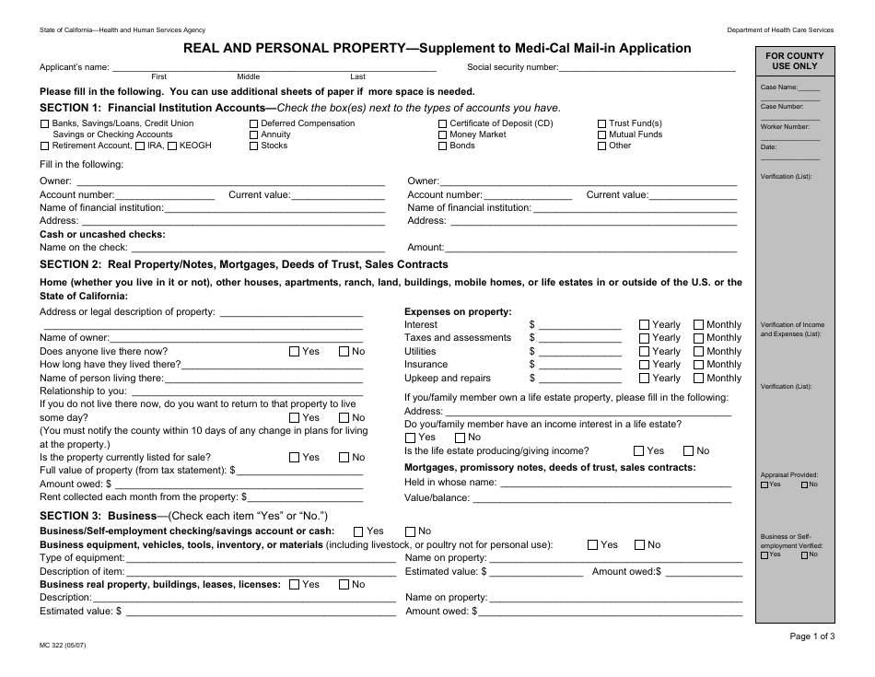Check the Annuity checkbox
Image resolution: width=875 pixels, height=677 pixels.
click(x=253, y=134)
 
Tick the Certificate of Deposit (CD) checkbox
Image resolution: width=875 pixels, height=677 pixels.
click(x=443, y=123)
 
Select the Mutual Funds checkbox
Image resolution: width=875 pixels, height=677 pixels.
click(x=601, y=134)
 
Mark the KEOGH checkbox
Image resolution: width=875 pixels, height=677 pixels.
click(x=171, y=146)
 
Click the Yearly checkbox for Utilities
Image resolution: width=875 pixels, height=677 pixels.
click(x=644, y=352)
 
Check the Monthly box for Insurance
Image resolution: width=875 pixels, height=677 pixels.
click(x=698, y=365)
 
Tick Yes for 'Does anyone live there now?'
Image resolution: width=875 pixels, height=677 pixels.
click(x=294, y=351)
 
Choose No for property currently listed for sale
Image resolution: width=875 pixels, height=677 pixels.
click(x=344, y=457)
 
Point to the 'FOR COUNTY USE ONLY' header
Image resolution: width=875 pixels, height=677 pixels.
click(x=795, y=62)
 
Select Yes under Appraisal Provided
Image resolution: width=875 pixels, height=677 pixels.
click(x=765, y=484)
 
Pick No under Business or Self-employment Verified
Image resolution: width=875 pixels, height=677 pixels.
click(x=804, y=554)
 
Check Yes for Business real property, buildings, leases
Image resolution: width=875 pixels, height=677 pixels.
click(x=294, y=584)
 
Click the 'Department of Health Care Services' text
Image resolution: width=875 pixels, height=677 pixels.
click(x=780, y=30)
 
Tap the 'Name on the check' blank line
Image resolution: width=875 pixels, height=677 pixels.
click(x=257, y=248)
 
